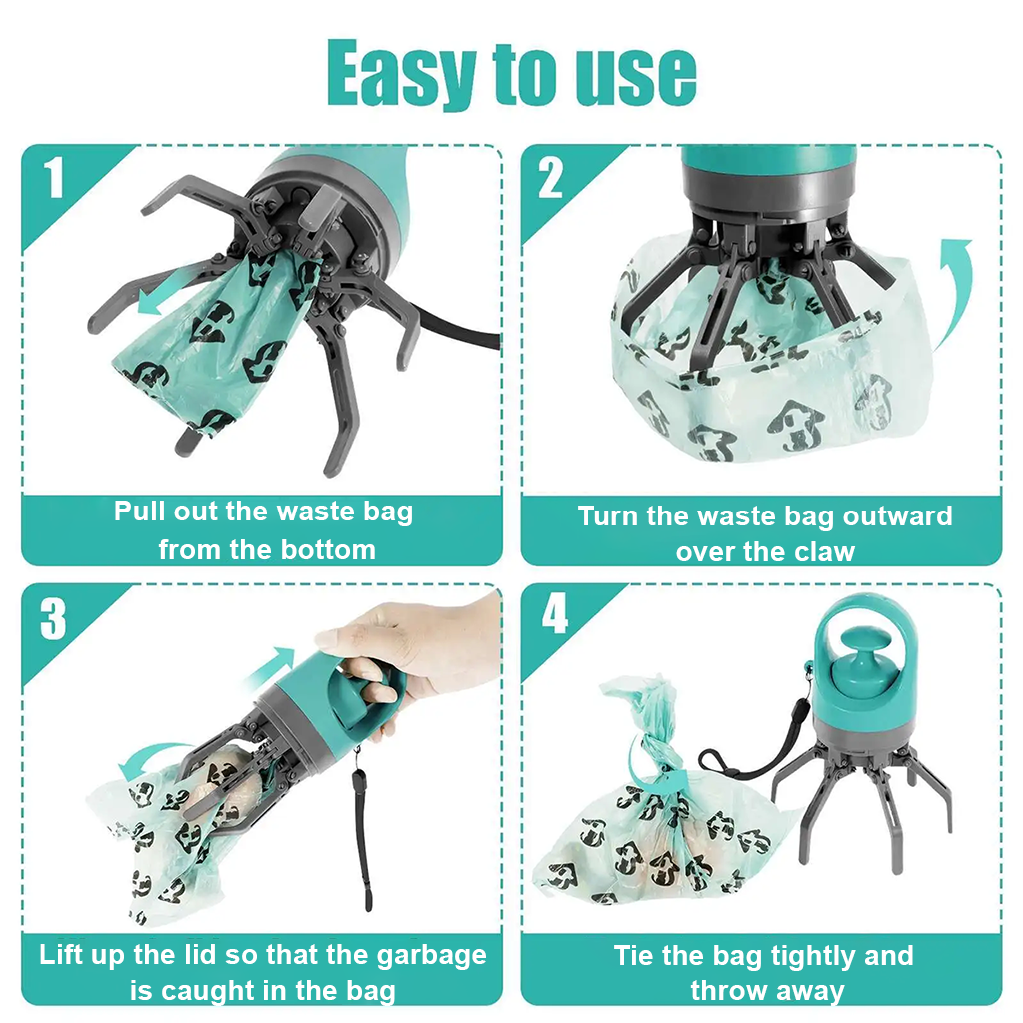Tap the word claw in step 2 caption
826,552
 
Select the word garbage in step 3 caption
432,954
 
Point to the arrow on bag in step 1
165,299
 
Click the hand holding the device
420,649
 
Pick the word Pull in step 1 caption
137,511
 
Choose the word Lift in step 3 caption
63,954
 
